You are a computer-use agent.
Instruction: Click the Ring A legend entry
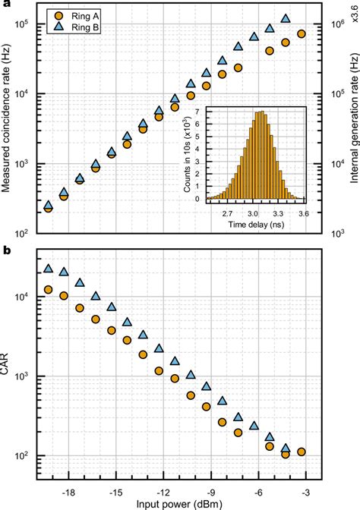(x=74, y=14)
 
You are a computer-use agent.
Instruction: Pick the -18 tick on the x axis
(x=68, y=491)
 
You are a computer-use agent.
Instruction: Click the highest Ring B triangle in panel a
(x=286, y=18)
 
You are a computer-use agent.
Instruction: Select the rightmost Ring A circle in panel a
(x=302, y=34)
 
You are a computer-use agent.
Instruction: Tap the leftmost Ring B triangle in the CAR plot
(x=49, y=269)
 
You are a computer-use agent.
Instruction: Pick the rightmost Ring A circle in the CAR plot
(x=302, y=452)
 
